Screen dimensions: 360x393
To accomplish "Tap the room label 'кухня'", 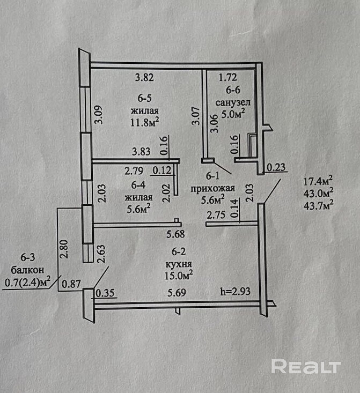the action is pos(179,264).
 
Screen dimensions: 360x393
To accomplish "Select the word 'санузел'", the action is pos(233,102).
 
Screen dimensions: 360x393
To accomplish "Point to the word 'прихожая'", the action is pos(212,188).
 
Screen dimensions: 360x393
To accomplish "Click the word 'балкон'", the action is pos(27,270).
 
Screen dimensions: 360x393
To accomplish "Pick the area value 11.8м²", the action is pos(145,122).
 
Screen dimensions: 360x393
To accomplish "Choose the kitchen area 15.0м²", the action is pos(178,276).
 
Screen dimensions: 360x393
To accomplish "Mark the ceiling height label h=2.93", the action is pos(236,291).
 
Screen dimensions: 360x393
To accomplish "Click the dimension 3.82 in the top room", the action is pos(144,77).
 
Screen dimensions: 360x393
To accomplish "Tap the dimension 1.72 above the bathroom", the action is pos(228,77).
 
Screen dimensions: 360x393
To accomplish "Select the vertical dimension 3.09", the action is pos(98,115).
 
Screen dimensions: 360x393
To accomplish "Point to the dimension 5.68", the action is pos(175,234).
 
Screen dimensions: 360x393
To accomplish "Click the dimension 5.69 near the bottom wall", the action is pos(177,293).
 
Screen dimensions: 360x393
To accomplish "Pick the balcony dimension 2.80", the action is pos(63,249).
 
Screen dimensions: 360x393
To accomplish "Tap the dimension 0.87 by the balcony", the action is pos(71,284).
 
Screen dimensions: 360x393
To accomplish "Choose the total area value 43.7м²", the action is pos(318,205).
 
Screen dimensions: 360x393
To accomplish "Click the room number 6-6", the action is pos(233,90).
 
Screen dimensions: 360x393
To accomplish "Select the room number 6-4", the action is pos(138,185).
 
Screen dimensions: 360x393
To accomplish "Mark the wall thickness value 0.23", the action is pos(276,167).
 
